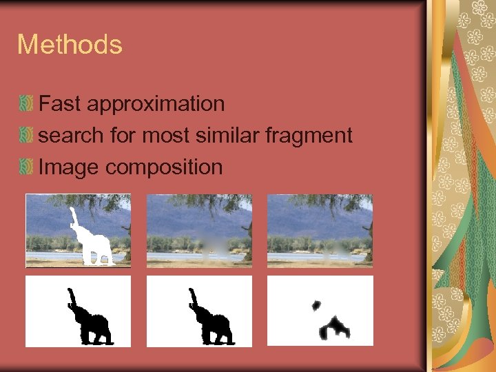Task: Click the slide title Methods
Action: pos(70,45)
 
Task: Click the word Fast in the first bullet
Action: pos(60,104)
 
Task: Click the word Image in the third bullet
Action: pos(69,167)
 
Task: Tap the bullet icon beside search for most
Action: pos(26,136)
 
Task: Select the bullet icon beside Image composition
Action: pos(26,167)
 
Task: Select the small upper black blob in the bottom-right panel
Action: pos(316,304)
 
